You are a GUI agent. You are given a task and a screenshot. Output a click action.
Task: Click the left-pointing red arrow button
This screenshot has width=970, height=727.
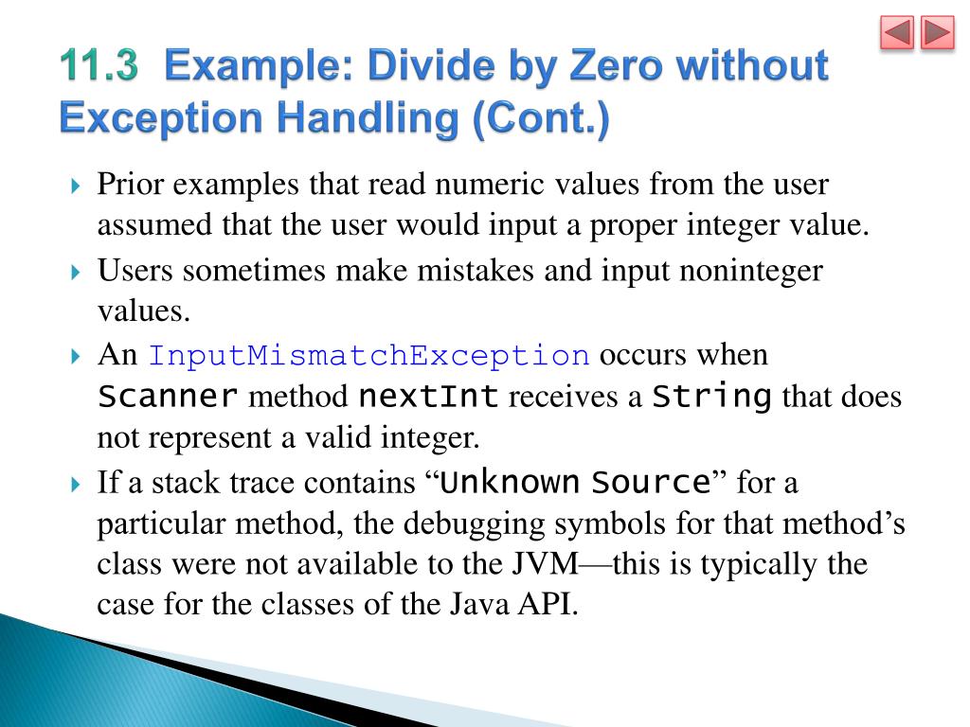[897, 34]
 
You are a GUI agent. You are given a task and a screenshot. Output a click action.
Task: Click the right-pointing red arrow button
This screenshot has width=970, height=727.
[937, 34]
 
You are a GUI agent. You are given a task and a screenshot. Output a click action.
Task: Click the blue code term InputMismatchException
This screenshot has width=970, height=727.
[369, 357]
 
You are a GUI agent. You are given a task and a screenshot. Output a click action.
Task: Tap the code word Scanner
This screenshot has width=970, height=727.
[168, 397]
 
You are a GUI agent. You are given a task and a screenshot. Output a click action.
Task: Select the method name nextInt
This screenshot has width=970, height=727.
[428, 397]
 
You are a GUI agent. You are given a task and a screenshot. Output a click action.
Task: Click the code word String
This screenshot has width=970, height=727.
[712, 397]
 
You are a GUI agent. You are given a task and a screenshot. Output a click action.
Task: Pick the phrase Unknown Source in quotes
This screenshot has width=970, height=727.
[576, 484]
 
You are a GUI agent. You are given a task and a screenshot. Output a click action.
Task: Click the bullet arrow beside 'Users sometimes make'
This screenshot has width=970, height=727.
[77, 273]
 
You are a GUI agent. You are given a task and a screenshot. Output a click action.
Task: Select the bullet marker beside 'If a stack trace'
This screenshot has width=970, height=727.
[77, 486]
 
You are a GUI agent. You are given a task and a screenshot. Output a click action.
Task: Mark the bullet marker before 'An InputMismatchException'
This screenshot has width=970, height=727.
[77, 358]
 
